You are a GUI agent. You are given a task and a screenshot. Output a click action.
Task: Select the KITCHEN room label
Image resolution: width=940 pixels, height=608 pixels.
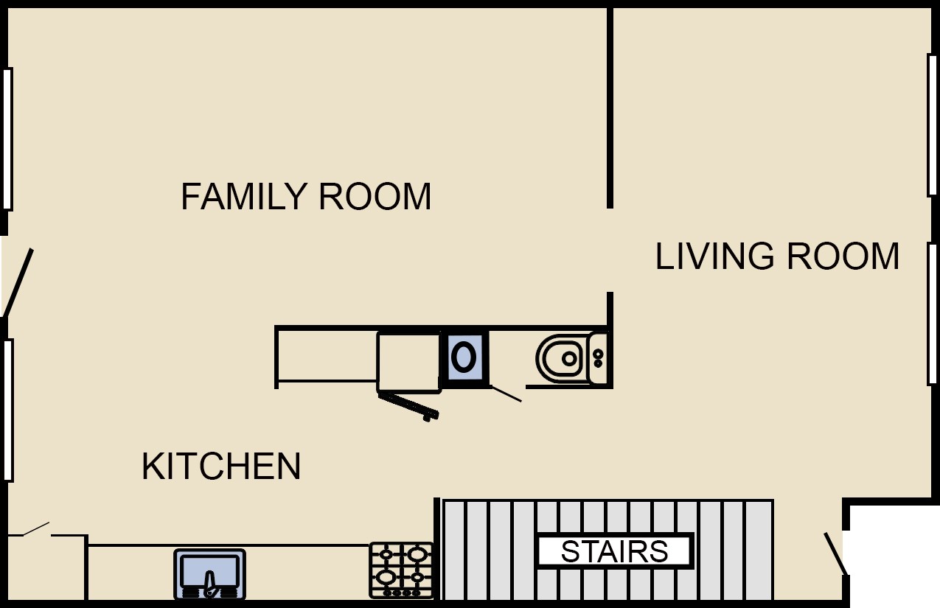[221, 466]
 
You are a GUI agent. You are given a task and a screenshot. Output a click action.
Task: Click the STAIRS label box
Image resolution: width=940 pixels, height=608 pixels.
[615, 551]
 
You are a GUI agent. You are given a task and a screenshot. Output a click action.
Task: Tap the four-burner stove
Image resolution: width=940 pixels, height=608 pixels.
[401, 570]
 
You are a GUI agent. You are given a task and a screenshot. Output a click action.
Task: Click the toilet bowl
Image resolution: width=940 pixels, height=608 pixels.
[561, 359]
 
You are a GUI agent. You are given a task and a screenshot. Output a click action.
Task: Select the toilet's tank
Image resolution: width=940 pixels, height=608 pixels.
[599, 359]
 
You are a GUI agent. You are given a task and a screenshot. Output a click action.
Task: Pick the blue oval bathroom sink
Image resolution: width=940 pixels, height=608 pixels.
[464, 357]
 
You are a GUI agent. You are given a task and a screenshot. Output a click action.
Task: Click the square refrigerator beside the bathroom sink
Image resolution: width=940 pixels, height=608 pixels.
[408, 362]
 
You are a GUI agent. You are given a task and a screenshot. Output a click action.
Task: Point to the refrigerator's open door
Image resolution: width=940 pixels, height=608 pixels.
[408, 406]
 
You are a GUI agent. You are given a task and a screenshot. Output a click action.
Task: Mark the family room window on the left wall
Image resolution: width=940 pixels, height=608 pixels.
[7, 139]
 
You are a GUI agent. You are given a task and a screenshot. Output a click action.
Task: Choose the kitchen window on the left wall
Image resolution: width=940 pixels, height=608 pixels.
[8, 410]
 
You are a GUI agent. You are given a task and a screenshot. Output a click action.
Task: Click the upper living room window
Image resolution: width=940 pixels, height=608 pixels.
[933, 125]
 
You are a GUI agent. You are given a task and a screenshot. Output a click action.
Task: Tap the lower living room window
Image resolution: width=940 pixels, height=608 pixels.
[933, 313]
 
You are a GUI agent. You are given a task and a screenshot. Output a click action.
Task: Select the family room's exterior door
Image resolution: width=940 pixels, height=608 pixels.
[18, 282]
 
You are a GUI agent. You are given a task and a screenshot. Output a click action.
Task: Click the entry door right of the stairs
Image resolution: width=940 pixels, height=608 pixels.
[835, 553]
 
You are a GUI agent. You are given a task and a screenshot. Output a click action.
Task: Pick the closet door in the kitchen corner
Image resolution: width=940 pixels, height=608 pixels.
[36, 528]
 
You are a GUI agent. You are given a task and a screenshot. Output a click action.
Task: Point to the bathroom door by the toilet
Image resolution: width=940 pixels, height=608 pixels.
[506, 394]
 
